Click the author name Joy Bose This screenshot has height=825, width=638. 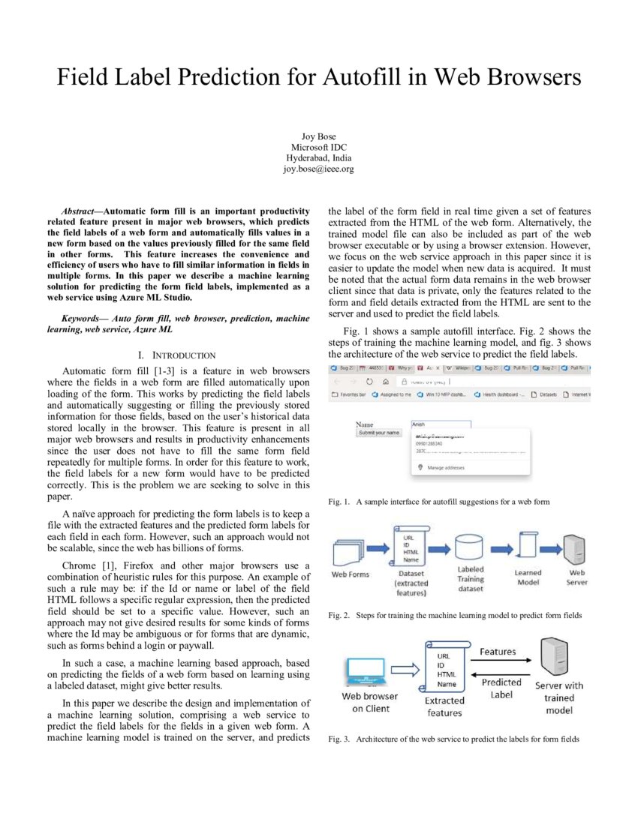pyautogui.click(x=318, y=136)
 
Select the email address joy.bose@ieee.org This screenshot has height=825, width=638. pyautogui.click(x=318, y=169)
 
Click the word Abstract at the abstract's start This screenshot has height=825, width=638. pyautogui.click(x=77, y=211)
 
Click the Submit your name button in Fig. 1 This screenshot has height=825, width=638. pyautogui.click(x=379, y=433)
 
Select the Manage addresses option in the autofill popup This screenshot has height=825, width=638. pyautogui.click(x=446, y=467)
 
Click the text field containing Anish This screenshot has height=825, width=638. pyautogui.click(x=440, y=424)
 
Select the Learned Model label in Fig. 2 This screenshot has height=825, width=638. pyautogui.click(x=528, y=577)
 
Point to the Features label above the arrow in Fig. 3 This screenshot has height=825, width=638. pyautogui.click(x=498, y=652)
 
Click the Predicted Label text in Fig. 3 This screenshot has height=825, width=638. pyautogui.click(x=501, y=688)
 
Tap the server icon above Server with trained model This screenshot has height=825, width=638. pyautogui.click(x=559, y=657)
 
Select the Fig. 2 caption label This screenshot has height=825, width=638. pyautogui.click(x=339, y=616)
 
